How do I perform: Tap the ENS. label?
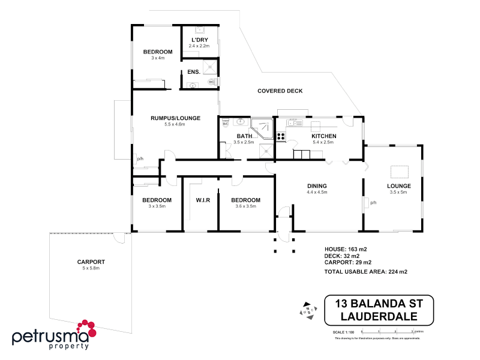coord(193,72)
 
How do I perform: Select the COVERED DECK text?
coord(280,91)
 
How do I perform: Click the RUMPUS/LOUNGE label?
coord(175,118)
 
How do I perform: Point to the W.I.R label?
coord(202,200)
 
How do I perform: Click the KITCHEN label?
coord(323,136)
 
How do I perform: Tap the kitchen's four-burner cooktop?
coord(280,136)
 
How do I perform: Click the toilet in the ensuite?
coord(211,82)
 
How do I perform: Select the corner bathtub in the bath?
coord(260,127)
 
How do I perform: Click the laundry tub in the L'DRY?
coord(200,29)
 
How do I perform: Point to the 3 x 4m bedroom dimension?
coord(157,58)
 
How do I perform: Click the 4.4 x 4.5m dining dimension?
coord(316,192)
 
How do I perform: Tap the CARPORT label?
coord(91,262)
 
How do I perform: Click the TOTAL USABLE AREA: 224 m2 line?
coord(365,272)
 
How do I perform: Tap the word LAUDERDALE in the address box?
coord(379,316)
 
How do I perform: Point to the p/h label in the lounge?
coord(373,203)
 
